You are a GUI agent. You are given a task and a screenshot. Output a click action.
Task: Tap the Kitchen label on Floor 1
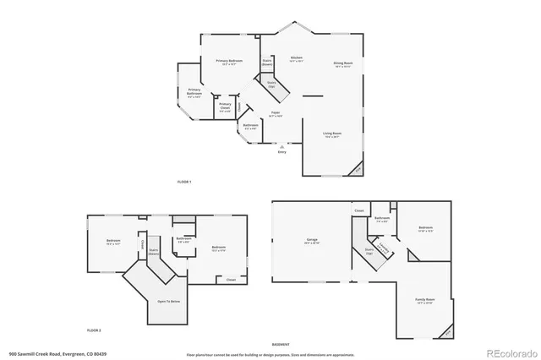point(296,58)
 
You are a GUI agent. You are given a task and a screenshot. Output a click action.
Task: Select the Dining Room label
point(342,64)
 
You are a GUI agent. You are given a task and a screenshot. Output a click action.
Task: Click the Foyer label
point(276,112)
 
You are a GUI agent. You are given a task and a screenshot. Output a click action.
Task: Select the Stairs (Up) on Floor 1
point(272,85)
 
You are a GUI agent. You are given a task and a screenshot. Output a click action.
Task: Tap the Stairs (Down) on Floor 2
point(155,251)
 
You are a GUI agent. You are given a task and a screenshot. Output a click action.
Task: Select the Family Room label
point(424,300)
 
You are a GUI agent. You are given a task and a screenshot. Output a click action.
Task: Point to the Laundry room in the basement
point(384,249)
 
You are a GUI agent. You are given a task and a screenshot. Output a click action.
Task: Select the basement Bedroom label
point(425,228)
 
